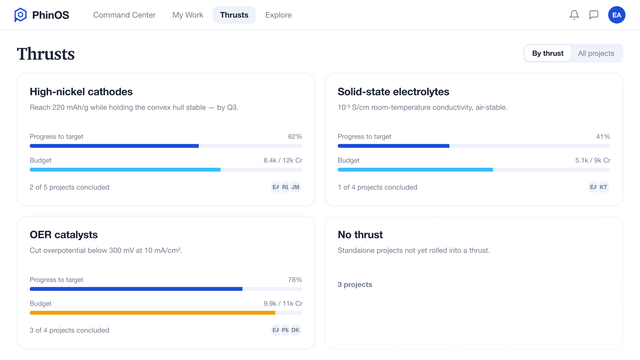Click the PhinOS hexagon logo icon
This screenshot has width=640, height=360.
(x=20, y=15)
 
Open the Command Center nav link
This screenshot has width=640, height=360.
(x=124, y=15)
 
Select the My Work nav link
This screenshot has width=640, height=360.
(x=188, y=15)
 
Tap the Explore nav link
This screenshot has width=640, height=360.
(x=278, y=15)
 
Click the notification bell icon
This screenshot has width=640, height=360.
(x=574, y=15)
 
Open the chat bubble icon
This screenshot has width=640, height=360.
(x=594, y=15)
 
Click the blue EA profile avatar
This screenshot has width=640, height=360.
(x=617, y=15)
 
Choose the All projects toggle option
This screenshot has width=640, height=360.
(x=596, y=53)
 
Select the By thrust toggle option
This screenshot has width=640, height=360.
(x=548, y=53)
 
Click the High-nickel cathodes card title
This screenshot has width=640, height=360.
(x=81, y=92)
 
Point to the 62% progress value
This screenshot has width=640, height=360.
(x=295, y=137)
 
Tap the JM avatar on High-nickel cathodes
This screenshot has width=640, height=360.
(x=295, y=187)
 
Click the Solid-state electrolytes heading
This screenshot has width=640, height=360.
(x=393, y=92)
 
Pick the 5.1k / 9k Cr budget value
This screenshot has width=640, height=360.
(x=593, y=160)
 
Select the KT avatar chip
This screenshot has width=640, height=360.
(x=603, y=187)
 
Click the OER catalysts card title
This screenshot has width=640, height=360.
(x=64, y=235)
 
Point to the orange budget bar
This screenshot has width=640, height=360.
(x=152, y=313)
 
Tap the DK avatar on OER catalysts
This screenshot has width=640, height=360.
(x=295, y=330)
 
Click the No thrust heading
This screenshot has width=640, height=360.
(x=360, y=235)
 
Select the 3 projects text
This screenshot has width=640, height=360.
(x=355, y=285)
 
